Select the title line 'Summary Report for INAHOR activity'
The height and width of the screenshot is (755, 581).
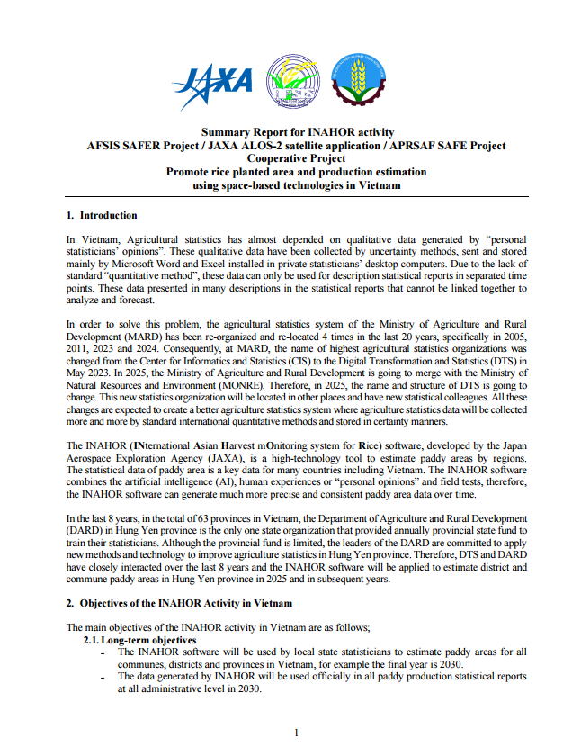(x=296, y=132)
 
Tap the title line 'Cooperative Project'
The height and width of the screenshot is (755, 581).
(x=296, y=157)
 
